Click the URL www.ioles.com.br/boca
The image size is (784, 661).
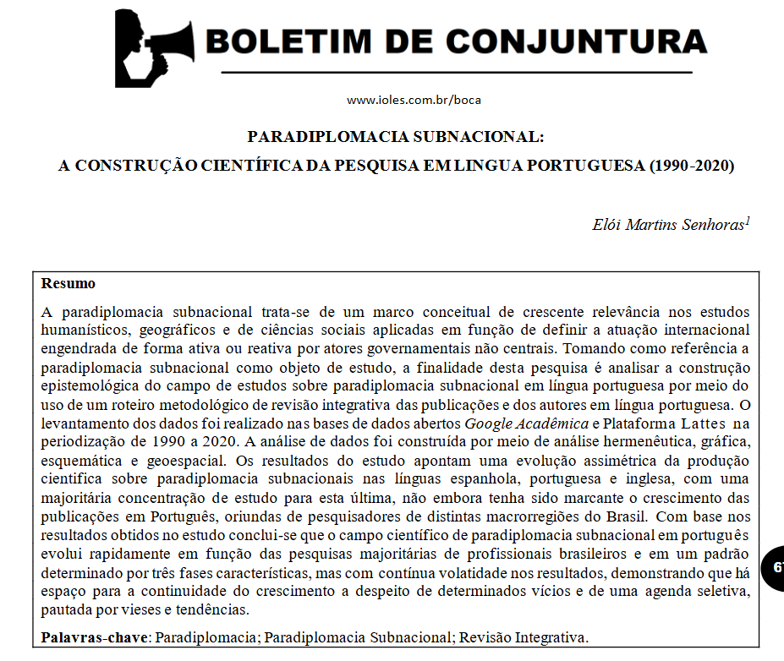coord(414,100)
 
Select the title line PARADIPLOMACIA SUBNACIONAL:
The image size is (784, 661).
coord(396,136)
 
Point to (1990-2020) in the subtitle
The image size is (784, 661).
coord(691,166)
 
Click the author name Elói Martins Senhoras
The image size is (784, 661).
coord(668,225)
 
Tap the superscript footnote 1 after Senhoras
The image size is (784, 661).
coord(747,221)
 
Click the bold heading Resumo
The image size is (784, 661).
coord(69,283)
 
